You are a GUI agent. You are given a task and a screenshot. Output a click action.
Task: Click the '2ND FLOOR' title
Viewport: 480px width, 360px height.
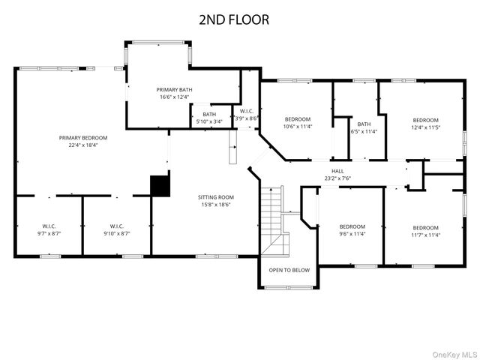(x=234, y=19)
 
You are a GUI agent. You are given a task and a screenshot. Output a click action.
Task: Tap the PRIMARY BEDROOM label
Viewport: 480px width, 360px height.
(x=83, y=138)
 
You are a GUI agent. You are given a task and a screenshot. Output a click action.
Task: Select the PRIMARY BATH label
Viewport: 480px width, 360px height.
(x=174, y=90)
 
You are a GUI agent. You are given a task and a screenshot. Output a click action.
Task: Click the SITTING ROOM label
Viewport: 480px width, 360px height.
(x=216, y=196)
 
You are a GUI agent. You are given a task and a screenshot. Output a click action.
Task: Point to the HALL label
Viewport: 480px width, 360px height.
(x=337, y=170)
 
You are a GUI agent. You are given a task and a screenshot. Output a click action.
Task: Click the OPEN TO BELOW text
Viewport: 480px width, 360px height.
(x=289, y=270)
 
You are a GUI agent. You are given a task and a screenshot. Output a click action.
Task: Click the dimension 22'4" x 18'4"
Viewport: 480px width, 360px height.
(x=83, y=145)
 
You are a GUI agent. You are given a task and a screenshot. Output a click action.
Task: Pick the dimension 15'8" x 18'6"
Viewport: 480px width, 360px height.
(x=216, y=204)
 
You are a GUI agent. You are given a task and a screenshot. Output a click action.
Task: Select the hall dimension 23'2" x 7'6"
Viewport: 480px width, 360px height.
(x=337, y=178)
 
